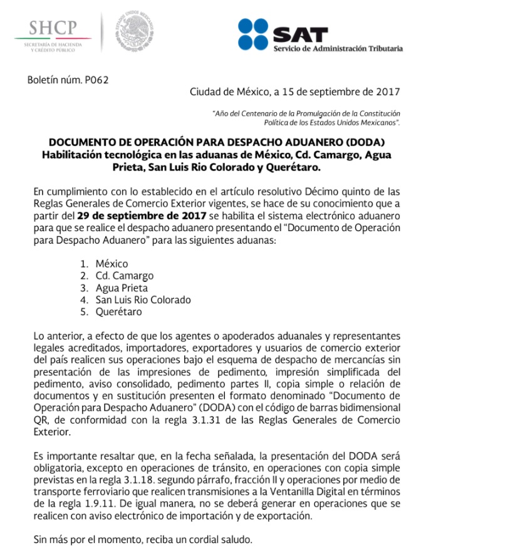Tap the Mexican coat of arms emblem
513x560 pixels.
pos(134,31)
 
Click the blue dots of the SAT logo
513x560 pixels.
pos(253,34)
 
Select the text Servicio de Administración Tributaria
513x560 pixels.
pos(338,48)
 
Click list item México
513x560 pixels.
pos(112,264)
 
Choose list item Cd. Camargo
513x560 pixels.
pos(124,276)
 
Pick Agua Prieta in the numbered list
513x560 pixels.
pos(122,288)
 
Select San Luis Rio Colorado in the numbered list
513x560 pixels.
pos(143,300)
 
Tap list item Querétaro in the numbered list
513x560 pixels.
pos(118,312)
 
